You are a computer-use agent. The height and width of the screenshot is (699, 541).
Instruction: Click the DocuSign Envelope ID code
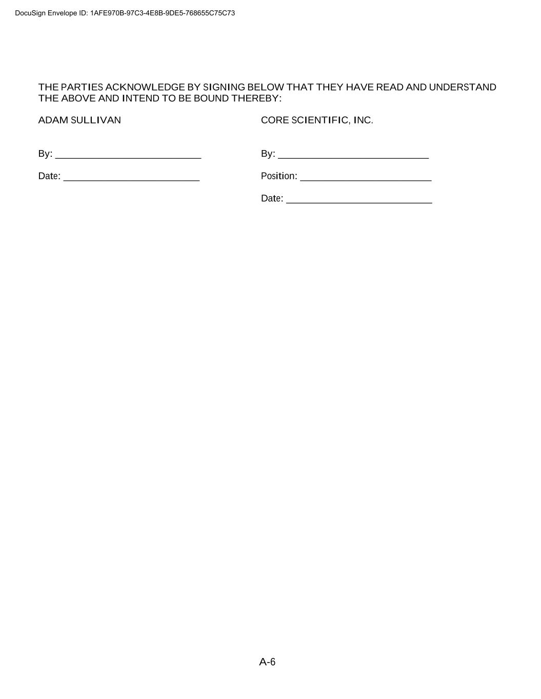pos(163,13)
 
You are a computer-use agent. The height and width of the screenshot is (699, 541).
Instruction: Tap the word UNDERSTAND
pos(463,87)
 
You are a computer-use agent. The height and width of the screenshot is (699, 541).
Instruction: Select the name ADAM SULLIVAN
pos(79,120)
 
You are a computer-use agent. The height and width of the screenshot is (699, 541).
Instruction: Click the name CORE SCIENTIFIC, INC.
pos(317,120)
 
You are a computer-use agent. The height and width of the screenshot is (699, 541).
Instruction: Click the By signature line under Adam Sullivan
pos(128,155)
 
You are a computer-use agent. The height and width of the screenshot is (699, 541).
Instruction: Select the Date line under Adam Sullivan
pos(131,177)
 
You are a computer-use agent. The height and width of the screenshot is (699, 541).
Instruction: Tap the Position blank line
pos(366,177)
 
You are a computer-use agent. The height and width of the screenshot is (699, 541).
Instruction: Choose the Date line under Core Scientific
pos(359,200)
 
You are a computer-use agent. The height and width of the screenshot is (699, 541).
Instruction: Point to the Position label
pos(279,176)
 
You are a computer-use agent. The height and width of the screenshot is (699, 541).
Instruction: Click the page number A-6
pos(267,662)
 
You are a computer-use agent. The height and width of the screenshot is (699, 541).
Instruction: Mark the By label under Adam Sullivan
pos(45,154)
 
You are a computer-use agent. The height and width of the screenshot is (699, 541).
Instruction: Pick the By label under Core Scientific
pos(268,154)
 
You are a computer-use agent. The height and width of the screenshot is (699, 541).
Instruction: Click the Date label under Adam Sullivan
pos(49,176)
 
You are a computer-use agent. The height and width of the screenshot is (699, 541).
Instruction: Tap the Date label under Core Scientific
pos(272,199)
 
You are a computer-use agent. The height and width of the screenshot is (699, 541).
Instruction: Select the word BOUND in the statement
pos(211,98)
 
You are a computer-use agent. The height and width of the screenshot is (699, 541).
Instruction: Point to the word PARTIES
pos(82,87)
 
